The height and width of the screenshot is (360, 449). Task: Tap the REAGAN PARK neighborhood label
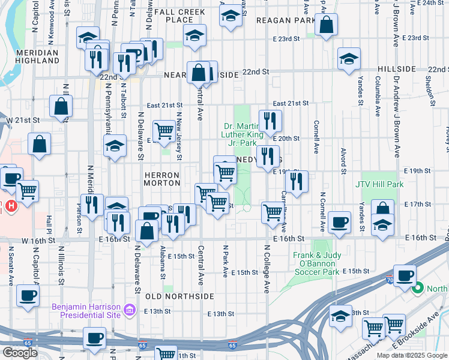pos(277,20)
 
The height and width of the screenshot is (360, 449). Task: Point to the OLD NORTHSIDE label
pos(179,296)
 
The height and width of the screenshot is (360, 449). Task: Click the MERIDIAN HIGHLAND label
pos(29,56)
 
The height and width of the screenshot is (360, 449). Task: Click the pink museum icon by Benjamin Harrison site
pos(129,310)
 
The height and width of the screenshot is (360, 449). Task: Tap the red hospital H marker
pos(11,206)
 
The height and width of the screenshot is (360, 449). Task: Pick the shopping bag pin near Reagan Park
pos(326,26)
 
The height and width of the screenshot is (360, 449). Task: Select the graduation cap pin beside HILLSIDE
pos(348,59)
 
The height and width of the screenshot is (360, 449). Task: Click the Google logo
pos(20,353)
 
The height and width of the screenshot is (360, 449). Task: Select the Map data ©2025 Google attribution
pos(411,355)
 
